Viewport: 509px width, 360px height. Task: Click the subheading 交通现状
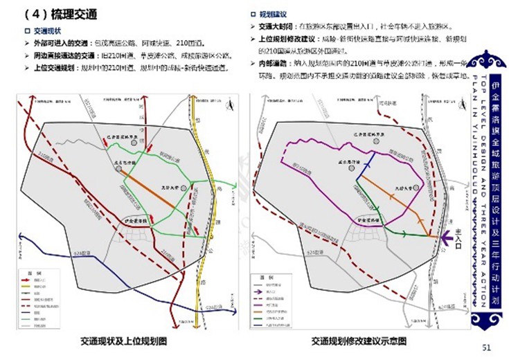point(47,31)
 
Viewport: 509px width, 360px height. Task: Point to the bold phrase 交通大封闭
point(275,26)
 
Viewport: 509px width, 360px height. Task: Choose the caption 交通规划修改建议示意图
point(358,341)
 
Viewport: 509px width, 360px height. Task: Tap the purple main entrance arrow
point(448,237)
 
